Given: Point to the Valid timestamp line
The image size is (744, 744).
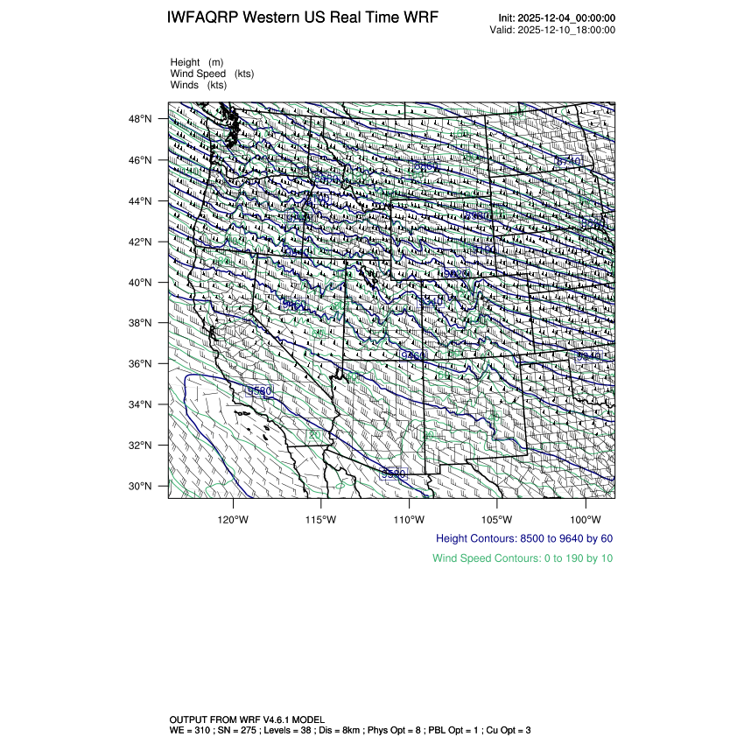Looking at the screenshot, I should coord(552,30).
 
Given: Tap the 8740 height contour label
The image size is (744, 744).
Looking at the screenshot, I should coord(569,162).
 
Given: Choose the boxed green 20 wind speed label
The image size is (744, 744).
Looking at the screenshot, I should coord(314,435).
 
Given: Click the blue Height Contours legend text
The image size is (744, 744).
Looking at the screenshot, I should coord(524,538).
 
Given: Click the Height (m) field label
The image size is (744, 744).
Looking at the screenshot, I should coord(197,62).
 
